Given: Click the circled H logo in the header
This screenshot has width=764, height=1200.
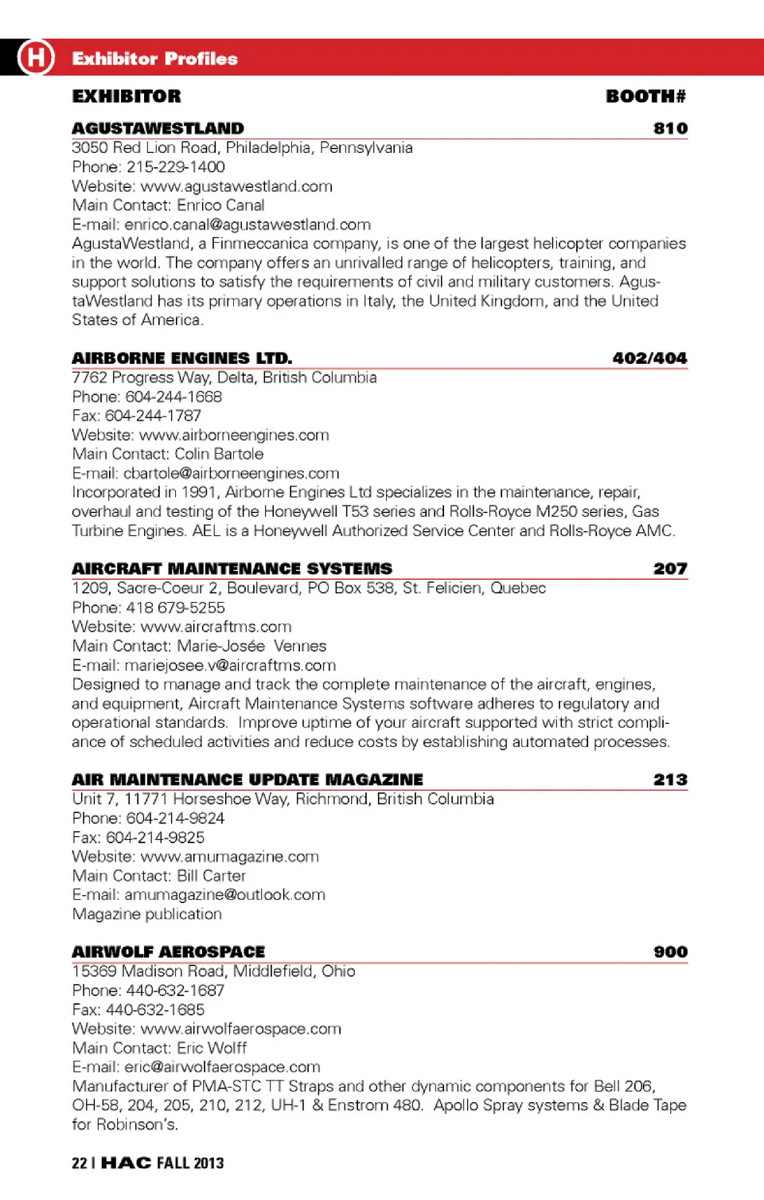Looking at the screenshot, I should click(x=36, y=57).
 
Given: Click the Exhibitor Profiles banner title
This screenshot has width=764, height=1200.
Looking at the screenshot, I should click(x=154, y=59).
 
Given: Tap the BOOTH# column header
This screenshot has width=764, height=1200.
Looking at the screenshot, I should click(x=645, y=96).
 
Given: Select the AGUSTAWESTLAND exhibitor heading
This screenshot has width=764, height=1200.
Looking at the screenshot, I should click(x=158, y=128).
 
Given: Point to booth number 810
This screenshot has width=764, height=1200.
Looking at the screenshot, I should click(x=670, y=128).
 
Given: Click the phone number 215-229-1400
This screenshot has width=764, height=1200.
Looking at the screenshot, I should click(x=176, y=167).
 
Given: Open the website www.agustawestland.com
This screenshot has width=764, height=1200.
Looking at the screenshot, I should click(x=236, y=186).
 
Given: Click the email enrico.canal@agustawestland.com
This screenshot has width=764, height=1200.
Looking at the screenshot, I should click(x=248, y=225).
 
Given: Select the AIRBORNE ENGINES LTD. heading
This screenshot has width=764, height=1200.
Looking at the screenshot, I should click(x=181, y=358).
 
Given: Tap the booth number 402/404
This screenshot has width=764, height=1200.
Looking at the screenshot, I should click(x=649, y=358).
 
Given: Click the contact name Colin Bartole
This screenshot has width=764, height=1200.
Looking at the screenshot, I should click(x=219, y=454).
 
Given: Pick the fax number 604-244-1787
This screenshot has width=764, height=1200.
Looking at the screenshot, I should click(x=153, y=416).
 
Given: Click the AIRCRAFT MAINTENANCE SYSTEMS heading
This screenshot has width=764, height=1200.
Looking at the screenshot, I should click(x=232, y=569).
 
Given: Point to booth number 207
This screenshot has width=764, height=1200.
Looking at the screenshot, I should click(x=670, y=569).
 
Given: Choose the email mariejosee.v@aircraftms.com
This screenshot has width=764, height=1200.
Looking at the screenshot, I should click(x=230, y=665).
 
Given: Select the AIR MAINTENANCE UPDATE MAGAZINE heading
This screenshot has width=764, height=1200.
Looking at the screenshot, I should click(x=247, y=780).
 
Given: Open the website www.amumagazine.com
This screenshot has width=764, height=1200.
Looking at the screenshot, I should click(x=229, y=857).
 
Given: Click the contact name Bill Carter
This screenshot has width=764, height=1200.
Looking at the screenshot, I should click(x=211, y=876).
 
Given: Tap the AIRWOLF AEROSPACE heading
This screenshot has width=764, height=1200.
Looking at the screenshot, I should click(x=168, y=952).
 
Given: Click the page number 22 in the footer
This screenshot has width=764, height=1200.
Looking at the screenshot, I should click(x=79, y=1163).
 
